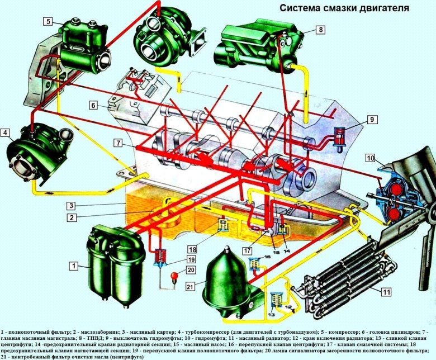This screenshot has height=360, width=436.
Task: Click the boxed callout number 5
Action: tap(49, 22)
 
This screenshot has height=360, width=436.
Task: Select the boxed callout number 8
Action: tap(321, 29)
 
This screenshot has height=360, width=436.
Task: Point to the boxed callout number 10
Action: tap(370, 159)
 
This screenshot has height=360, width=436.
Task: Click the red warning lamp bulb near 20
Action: tap(175, 275)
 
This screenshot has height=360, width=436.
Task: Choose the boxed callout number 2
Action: tap(72, 217)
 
